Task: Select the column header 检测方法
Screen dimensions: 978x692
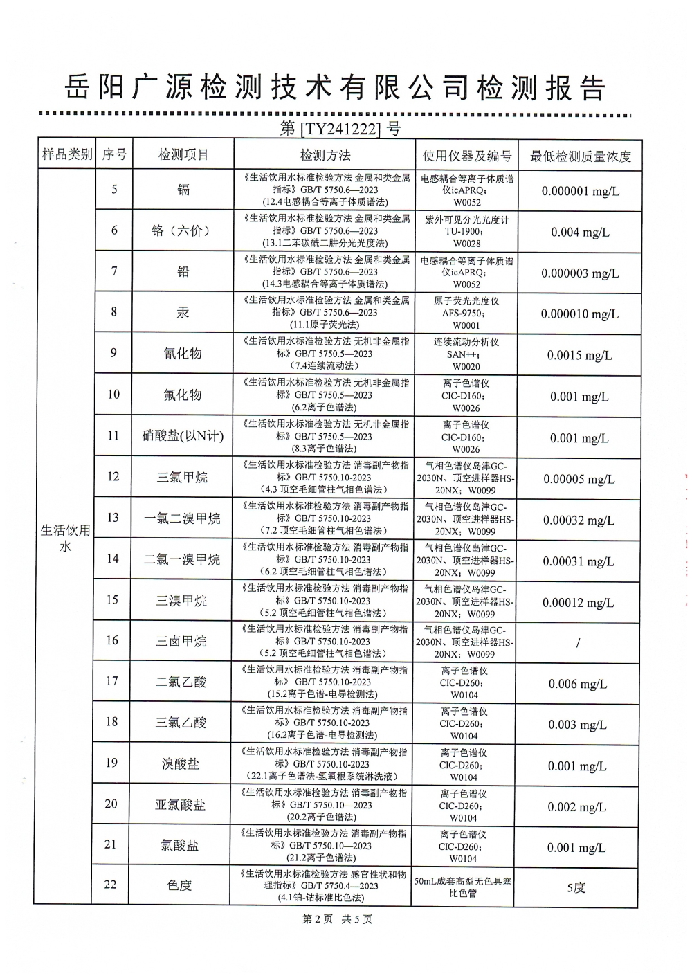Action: tap(325, 155)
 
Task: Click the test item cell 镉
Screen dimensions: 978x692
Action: tap(183, 190)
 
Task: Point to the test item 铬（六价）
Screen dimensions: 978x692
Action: tap(183, 230)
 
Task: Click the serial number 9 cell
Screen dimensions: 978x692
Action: tap(113, 353)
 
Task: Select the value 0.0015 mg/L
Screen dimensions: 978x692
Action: tap(579, 356)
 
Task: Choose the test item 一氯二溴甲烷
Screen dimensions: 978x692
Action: tap(182, 518)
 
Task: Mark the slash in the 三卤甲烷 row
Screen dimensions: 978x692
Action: tap(578, 643)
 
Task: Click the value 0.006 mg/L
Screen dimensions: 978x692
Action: tap(577, 684)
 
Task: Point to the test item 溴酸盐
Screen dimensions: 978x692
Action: tap(181, 763)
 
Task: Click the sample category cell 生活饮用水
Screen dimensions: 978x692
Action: tap(65, 538)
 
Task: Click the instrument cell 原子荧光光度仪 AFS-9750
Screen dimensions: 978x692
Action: tap(466, 313)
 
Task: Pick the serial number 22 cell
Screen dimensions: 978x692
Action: tap(111, 885)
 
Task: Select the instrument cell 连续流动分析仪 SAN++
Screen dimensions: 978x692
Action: tap(466, 354)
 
